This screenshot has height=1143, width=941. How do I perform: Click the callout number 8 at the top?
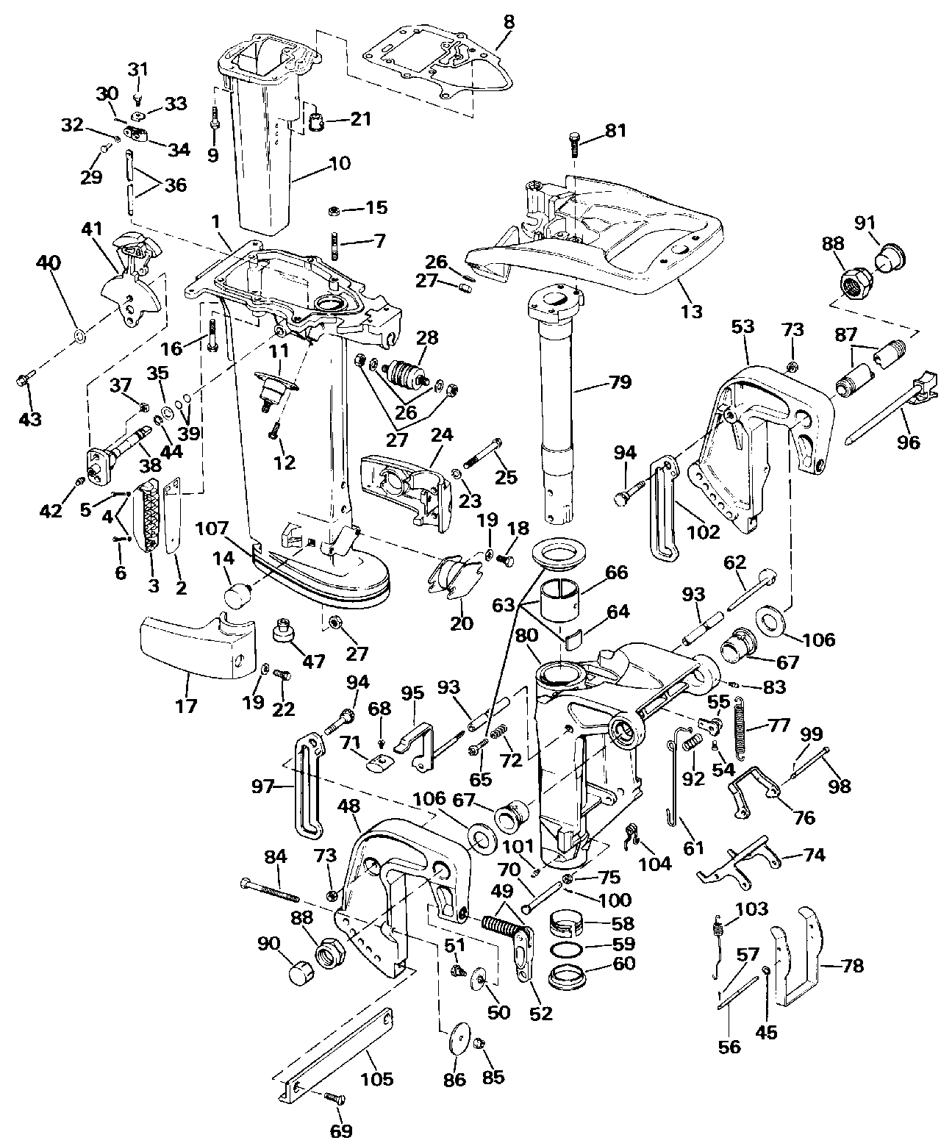click(x=509, y=22)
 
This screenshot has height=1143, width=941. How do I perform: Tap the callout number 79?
click(x=620, y=382)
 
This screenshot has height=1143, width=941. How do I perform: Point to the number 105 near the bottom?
click(x=376, y=1079)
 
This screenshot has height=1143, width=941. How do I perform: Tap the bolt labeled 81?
click(x=575, y=148)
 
